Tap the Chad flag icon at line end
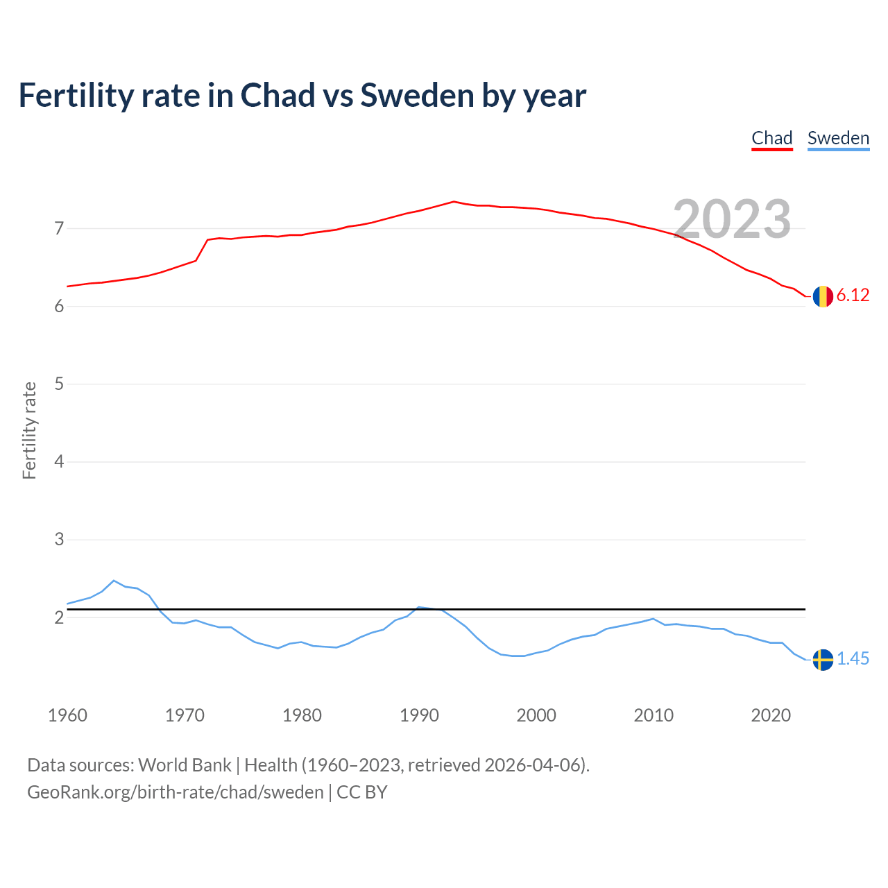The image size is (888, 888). point(823,296)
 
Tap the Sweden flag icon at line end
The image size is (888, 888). point(823,660)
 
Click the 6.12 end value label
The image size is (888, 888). point(853,296)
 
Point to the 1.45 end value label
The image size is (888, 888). point(853,659)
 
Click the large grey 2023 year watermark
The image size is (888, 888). point(732,219)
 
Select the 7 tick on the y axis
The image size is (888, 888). point(59,228)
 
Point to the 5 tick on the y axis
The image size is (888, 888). point(59,384)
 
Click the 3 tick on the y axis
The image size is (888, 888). point(59,539)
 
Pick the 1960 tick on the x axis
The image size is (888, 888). point(68,716)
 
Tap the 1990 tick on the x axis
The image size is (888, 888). point(419,716)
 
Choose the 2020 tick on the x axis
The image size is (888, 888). point(771,716)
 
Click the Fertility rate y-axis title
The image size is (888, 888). point(29,430)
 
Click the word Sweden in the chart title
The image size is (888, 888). point(417,95)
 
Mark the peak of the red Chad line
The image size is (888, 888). point(454,201)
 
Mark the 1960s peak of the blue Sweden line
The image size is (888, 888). point(114,581)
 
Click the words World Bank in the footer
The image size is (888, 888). point(185,765)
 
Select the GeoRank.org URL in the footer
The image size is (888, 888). point(176,793)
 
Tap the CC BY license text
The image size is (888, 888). point(361,793)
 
